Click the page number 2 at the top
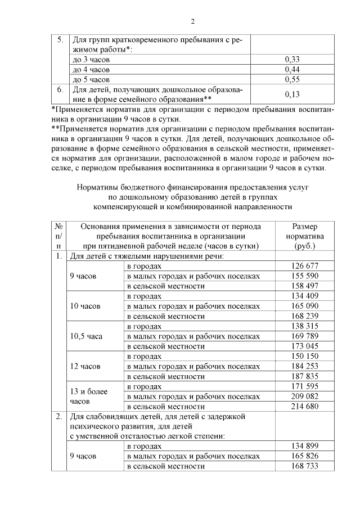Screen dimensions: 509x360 point(193,21)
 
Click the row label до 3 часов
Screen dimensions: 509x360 point(91,59)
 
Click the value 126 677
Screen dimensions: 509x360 point(305,265)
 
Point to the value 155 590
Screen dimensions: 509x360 point(305,276)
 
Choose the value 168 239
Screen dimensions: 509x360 point(305,316)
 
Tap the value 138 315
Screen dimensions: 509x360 point(305,326)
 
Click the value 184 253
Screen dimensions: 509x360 point(305,366)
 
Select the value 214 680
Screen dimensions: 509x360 point(305,406)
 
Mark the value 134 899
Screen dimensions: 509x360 point(305,447)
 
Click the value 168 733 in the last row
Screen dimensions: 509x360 point(305,466)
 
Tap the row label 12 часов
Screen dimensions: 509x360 point(85,366)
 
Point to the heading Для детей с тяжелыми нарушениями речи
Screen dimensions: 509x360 point(147,256)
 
